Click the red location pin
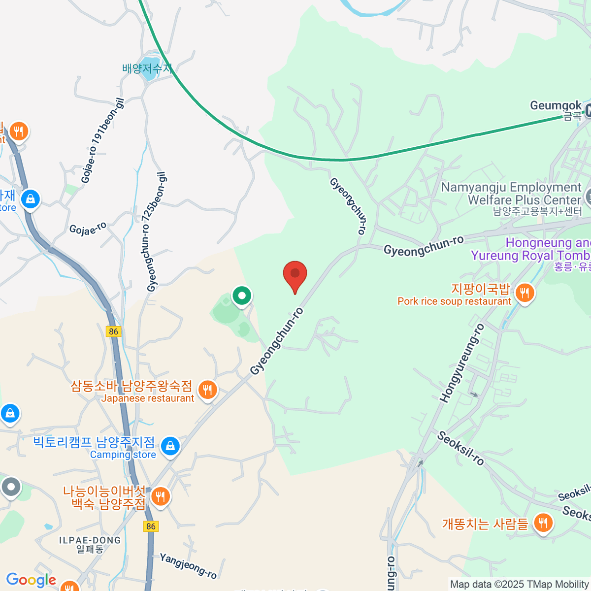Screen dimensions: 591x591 click(x=295, y=274)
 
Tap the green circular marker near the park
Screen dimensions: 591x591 click(x=242, y=296)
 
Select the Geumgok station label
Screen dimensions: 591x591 click(x=556, y=105)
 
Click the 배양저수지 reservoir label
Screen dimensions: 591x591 click(x=146, y=68)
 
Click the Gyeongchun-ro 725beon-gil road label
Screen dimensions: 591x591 click(x=157, y=232)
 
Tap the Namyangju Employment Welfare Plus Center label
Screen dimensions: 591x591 click(x=511, y=194)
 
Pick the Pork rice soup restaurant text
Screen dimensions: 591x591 click(x=454, y=301)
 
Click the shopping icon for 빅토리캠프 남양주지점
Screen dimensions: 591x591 click(x=170, y=446)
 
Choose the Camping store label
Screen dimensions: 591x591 click(x=123, y=455)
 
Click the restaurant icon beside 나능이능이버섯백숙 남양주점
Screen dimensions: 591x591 click(x=160, y=496)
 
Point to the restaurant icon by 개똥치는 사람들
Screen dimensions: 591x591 click(x=543, y=523)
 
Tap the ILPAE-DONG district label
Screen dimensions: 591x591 click(x=90, y=540)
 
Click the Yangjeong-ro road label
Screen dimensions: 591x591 click(x=188, y=565)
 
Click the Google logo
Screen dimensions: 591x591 click(x=31, y=580)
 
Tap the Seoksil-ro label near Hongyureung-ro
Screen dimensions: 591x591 click(x=460, y=448)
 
